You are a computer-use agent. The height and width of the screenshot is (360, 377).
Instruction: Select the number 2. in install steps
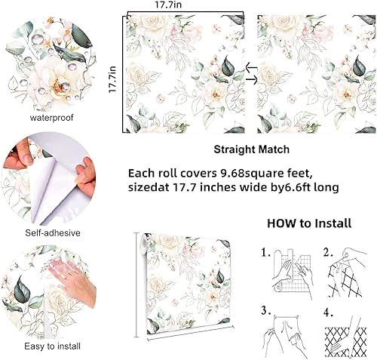[x=329, y=254]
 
